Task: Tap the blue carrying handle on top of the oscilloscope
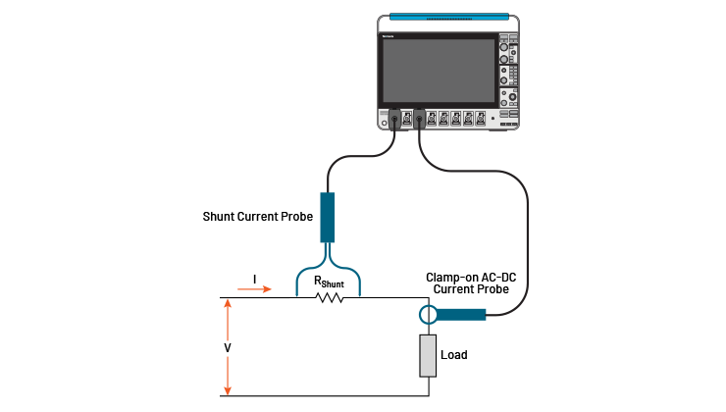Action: (450, 17)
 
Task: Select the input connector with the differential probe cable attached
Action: (395, 119)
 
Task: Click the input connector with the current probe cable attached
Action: (419, 119)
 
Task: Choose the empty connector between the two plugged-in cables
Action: (407, 119)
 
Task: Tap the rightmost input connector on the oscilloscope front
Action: (480, 119)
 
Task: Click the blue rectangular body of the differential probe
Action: (328, 217)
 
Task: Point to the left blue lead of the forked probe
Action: (301, 279)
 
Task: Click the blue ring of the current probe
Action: (428, 315)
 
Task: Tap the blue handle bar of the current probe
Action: (462, 315)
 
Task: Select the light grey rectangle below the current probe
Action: (427, 355)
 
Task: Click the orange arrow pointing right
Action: (254, 289)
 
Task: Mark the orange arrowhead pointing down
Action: (228, 390)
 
